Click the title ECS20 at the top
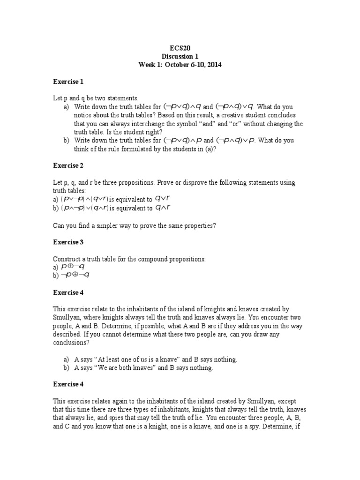click(x=180, y=48)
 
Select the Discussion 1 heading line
click(x=180, y=56)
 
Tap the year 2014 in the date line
click(x=213, y=65)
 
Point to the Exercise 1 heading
click(x=68, y=82)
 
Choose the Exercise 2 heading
click(x=68, y=165)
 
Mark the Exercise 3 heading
click(x=68, y=242)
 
